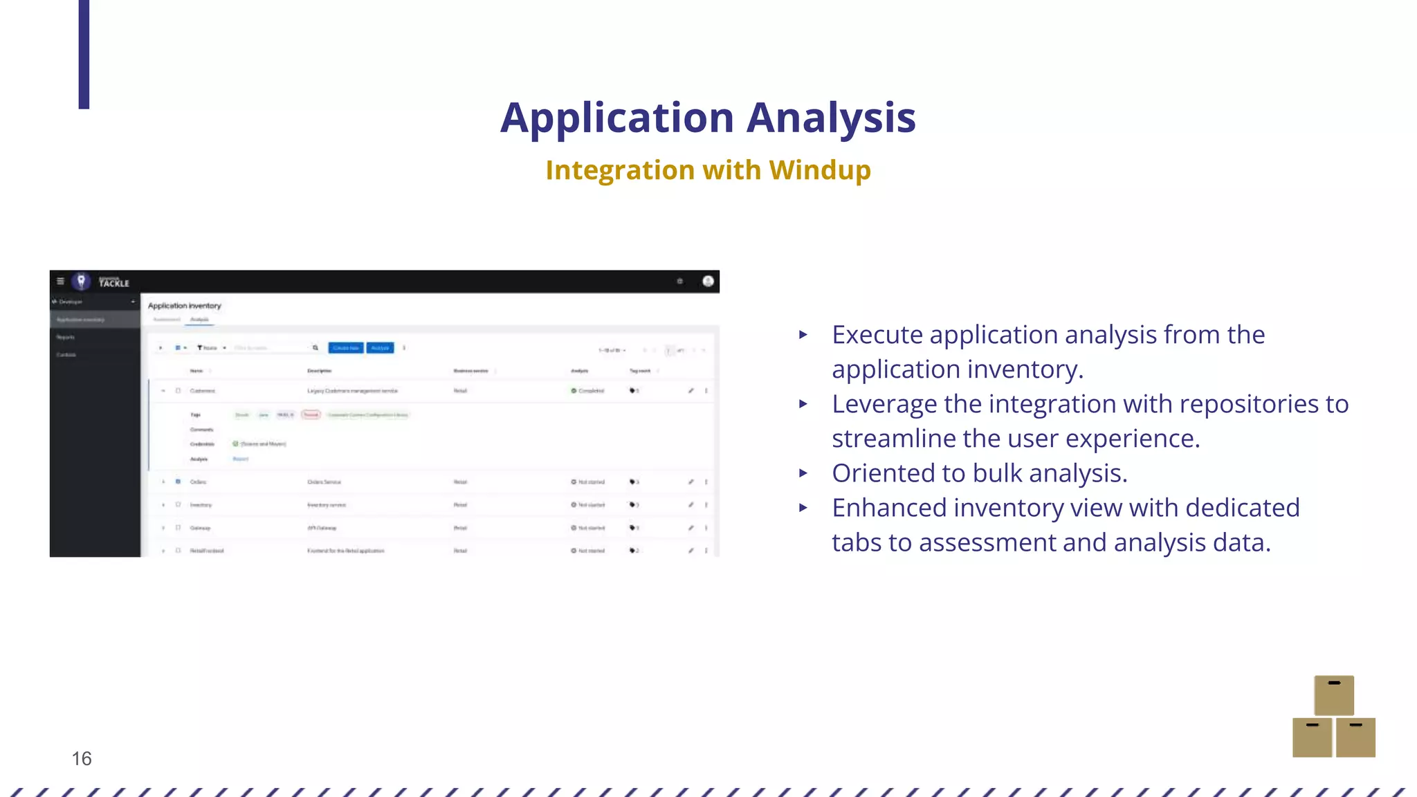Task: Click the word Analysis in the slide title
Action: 831,118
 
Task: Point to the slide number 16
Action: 82,759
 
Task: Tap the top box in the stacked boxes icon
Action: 1333,695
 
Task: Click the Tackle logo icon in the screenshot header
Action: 82,281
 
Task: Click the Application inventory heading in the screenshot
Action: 184,306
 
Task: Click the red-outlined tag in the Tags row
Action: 311,415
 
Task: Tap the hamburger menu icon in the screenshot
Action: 60,281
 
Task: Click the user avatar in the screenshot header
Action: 708,281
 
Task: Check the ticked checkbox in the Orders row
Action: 178,482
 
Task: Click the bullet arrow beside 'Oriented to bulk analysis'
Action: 803,473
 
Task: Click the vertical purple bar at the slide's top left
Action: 84,54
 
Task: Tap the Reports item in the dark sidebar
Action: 66,338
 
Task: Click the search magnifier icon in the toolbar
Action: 316,348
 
